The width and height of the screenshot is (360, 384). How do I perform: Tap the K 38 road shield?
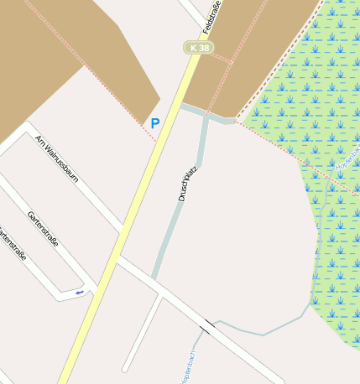(x=199, y=48)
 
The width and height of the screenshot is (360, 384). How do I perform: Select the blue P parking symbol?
(x=154, y=123)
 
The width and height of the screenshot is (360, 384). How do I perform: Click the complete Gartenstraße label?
(x=43, y=230)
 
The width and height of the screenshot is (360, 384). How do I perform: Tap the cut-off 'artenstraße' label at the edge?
(x=11, y=244)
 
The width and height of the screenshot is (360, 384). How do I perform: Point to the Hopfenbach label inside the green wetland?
(x=347, y=159)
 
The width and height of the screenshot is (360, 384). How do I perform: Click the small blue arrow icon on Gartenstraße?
(x=80, y=292)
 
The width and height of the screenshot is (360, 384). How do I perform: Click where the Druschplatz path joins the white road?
(x=154, y=278)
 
